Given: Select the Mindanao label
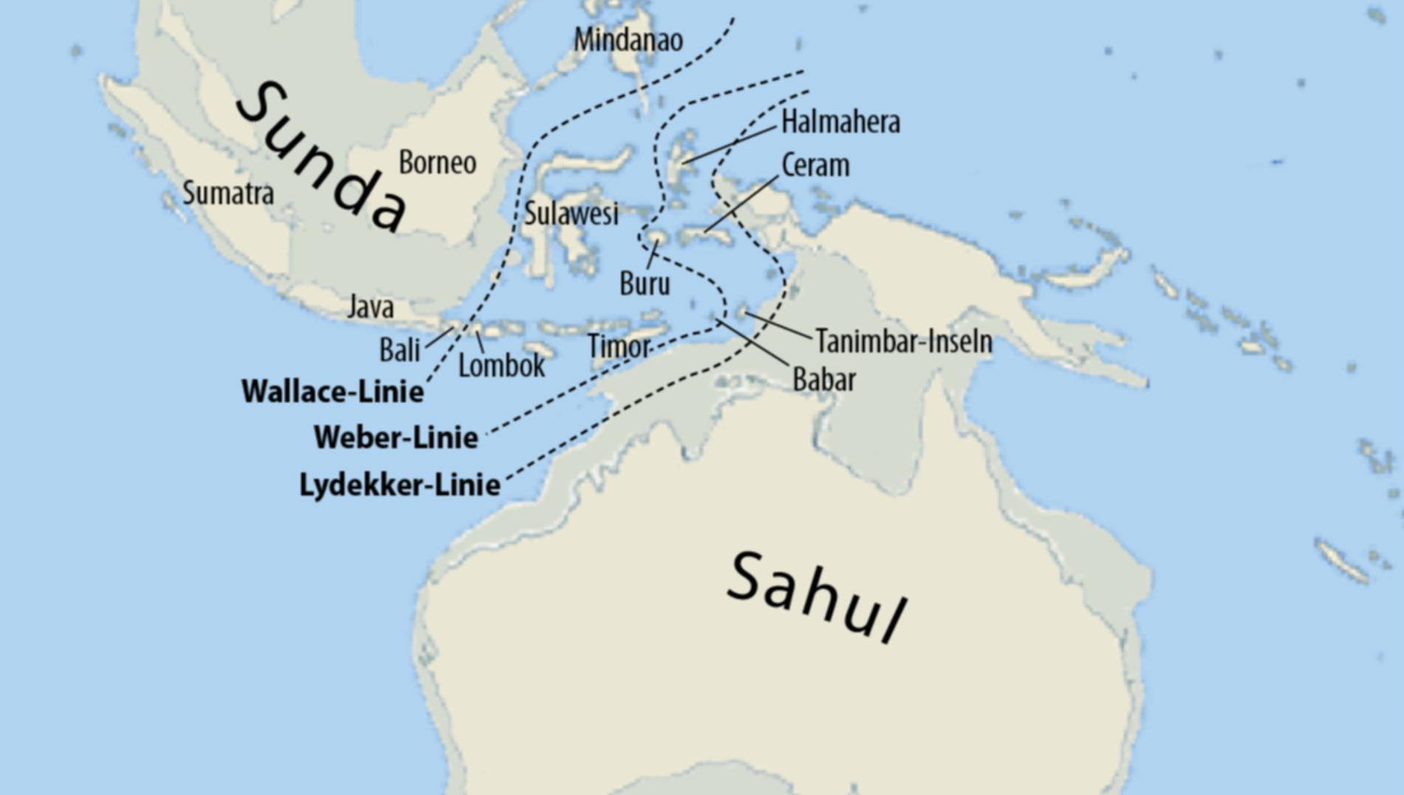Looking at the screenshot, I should pos(628,40).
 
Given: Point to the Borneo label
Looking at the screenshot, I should pos(437,162).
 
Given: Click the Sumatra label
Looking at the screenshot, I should pos(228,193).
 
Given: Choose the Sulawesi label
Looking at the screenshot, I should pos(571,214).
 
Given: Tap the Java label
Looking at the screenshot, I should pos(371,306).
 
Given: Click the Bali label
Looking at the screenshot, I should pos(399,350).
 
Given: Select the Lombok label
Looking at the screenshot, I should pos(501,365).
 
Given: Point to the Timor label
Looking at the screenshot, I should pos(619,346).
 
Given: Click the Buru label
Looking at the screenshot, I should pos(644,284).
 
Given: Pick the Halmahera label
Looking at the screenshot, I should pos(840,122).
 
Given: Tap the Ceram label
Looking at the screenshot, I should pos(815,165).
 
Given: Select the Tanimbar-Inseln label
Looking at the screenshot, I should pos(904,342).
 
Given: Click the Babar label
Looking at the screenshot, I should pos(824,380).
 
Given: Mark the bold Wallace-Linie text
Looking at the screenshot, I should pos(333,391).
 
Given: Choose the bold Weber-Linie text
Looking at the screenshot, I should pos(396,438).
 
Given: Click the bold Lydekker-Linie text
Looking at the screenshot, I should pos(399,485).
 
